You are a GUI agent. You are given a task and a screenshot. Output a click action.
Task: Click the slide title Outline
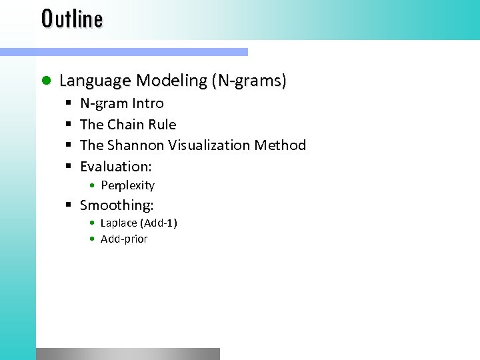[x=72, y=19]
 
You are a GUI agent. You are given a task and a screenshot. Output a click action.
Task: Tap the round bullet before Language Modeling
[x=45, y=81]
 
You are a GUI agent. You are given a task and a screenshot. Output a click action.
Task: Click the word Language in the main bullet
[x=95, y=81]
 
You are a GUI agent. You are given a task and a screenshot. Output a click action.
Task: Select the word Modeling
[x=171, y=81]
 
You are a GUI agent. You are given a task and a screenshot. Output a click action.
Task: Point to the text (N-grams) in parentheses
[x=249, y=81]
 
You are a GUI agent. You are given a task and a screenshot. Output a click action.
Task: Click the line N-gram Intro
[x=121, y=103]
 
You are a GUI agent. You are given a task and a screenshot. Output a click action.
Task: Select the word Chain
[x=125, y=124]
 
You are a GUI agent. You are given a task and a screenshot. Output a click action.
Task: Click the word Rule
[x=162, y=124]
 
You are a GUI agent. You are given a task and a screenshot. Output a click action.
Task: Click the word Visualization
[x=213, y=145]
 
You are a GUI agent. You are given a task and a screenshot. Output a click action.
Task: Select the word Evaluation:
[x=115, y=166]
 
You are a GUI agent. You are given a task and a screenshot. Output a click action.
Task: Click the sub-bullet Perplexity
[x=127, y=186]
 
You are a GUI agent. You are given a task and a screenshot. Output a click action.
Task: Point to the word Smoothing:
[x=117, y=205]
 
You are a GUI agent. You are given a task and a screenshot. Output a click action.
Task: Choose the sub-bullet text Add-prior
[x=124, y=239]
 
